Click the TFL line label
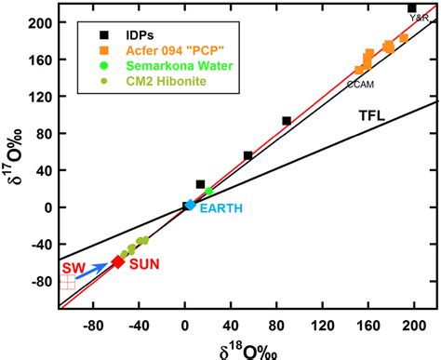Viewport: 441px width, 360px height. (372, 115)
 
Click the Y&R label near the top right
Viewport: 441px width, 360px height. (420, 18)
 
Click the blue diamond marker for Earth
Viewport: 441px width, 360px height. (191, 205)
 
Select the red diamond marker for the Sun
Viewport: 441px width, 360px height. (117, 262)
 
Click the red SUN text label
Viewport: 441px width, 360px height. (144, 264)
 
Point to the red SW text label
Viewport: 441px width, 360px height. (73, 267)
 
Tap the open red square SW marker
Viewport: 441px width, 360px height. (67, 282)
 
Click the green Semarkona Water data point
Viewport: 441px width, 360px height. (208, 192)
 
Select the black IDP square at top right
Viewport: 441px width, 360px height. (412, 8)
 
